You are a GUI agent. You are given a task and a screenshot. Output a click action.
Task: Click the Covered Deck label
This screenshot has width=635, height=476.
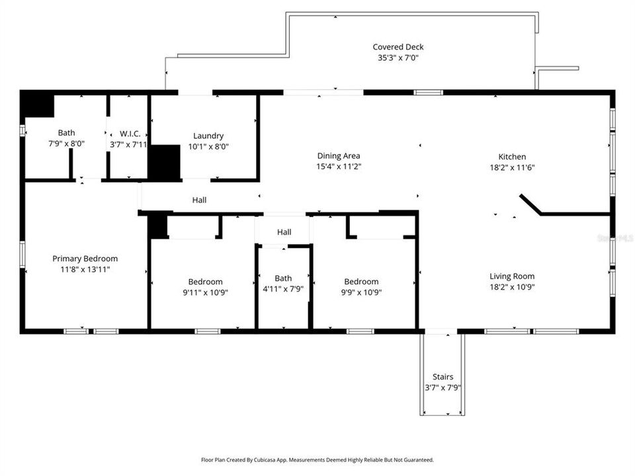[398, 47]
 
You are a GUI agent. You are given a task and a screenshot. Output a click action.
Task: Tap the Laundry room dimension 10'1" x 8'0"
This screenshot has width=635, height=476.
[208, 147]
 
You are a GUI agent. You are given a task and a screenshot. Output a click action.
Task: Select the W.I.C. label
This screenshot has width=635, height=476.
[130, 134]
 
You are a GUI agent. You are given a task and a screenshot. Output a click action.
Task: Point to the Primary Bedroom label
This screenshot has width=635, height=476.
[85, 258]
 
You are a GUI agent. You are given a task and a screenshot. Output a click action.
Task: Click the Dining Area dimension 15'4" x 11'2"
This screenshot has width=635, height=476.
[339, 167]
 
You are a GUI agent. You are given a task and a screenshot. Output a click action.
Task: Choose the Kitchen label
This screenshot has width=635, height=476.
[512, 157]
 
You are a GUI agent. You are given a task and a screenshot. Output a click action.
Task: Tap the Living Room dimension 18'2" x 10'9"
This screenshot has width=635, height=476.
[512, 287]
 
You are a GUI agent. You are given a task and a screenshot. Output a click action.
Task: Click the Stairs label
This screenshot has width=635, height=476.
[443, 377]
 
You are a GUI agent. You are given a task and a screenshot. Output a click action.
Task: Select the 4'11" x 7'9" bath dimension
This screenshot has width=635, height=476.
[283, 289]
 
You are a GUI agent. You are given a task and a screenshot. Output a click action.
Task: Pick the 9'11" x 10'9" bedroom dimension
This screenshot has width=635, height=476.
[205, 292]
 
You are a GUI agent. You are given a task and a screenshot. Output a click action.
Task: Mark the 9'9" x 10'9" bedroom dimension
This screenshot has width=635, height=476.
[361, 292]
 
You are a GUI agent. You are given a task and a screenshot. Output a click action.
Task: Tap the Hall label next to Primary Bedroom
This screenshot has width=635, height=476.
[199, 200]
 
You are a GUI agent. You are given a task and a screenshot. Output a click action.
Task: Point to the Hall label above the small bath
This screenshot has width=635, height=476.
[284, 232]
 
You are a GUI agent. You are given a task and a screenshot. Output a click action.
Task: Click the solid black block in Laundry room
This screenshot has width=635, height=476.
[164, 162]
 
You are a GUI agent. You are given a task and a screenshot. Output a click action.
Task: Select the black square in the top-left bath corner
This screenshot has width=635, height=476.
[37, 104]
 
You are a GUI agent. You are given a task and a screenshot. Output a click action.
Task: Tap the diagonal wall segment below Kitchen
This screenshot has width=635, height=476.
[530, 204]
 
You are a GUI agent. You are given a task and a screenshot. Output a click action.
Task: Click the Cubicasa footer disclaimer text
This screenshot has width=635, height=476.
[317, 460]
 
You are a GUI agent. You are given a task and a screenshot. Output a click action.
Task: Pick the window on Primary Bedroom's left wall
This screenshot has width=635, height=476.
[22, 254]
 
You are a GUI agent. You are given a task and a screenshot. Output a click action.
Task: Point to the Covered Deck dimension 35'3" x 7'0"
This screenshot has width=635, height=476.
[398, 58]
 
